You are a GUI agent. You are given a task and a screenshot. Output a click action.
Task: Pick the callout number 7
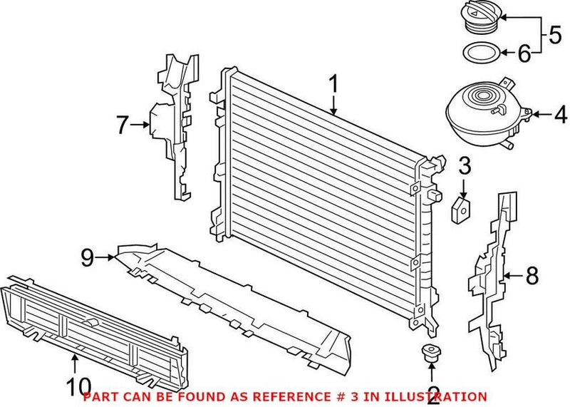click(123, 126)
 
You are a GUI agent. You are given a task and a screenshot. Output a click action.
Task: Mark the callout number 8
click(532, 274)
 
